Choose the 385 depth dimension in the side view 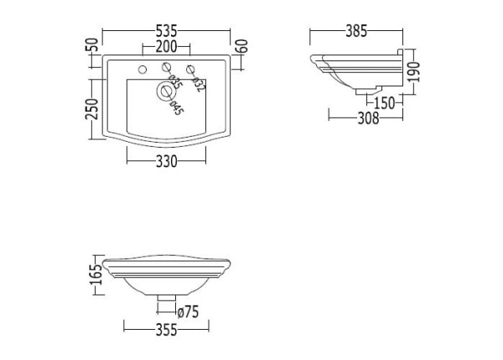356,32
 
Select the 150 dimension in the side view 385,103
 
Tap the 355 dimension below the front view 166,330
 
